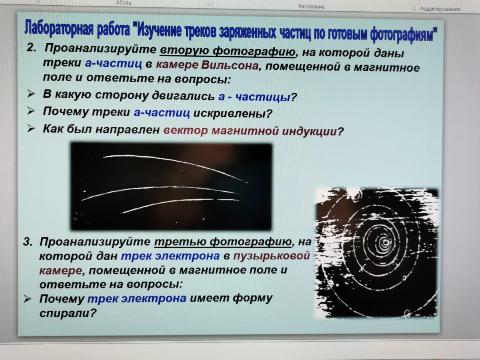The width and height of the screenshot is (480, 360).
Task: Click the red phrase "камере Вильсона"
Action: tap(207, 65)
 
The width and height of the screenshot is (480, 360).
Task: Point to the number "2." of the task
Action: tap(31, 47)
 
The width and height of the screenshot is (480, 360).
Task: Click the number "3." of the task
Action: tap(28, 242)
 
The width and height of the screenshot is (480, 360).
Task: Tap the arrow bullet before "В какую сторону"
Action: tap(31, 94)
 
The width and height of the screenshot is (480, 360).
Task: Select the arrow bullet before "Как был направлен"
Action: tap(31, 128)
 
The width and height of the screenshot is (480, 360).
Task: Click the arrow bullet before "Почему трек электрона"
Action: tap(27, 299)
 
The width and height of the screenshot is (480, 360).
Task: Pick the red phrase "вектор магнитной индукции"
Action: tap(250, 131)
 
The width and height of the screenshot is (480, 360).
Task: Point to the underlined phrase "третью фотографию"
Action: tap(223, 242)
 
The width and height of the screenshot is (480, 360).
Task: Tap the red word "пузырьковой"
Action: tap(271, 256)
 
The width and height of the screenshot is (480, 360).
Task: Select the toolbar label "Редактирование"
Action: tap(440, 9)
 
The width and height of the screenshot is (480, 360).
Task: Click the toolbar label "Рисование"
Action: tap(311, 6)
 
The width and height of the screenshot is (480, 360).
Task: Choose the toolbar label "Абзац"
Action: tap(123, 3)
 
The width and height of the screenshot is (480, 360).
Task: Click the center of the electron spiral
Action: tap(385, 242)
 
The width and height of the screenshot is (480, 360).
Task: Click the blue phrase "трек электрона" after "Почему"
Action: tap(137, 298)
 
